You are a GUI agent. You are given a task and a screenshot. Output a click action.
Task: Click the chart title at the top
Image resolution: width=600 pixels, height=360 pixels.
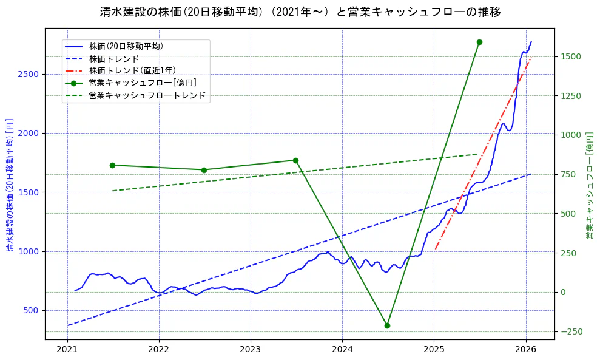300,12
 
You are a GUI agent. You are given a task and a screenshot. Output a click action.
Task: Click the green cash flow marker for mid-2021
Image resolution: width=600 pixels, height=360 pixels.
113,165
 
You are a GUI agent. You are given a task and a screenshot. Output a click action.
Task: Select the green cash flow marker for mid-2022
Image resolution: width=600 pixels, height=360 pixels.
204,170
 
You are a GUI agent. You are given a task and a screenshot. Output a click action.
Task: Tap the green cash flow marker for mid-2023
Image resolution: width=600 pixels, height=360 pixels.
295,160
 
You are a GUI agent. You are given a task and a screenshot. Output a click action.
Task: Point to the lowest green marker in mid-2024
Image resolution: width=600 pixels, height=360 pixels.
387,325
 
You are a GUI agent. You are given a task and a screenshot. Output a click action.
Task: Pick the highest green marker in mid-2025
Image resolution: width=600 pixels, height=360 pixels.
479,42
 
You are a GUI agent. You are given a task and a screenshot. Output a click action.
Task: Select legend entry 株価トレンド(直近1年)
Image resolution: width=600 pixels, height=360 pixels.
132,70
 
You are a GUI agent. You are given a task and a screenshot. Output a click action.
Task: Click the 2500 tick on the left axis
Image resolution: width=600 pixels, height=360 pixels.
29,74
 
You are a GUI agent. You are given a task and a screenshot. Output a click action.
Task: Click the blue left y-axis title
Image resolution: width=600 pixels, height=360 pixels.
10,185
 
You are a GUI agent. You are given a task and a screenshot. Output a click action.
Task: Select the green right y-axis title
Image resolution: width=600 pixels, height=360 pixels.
590,185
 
